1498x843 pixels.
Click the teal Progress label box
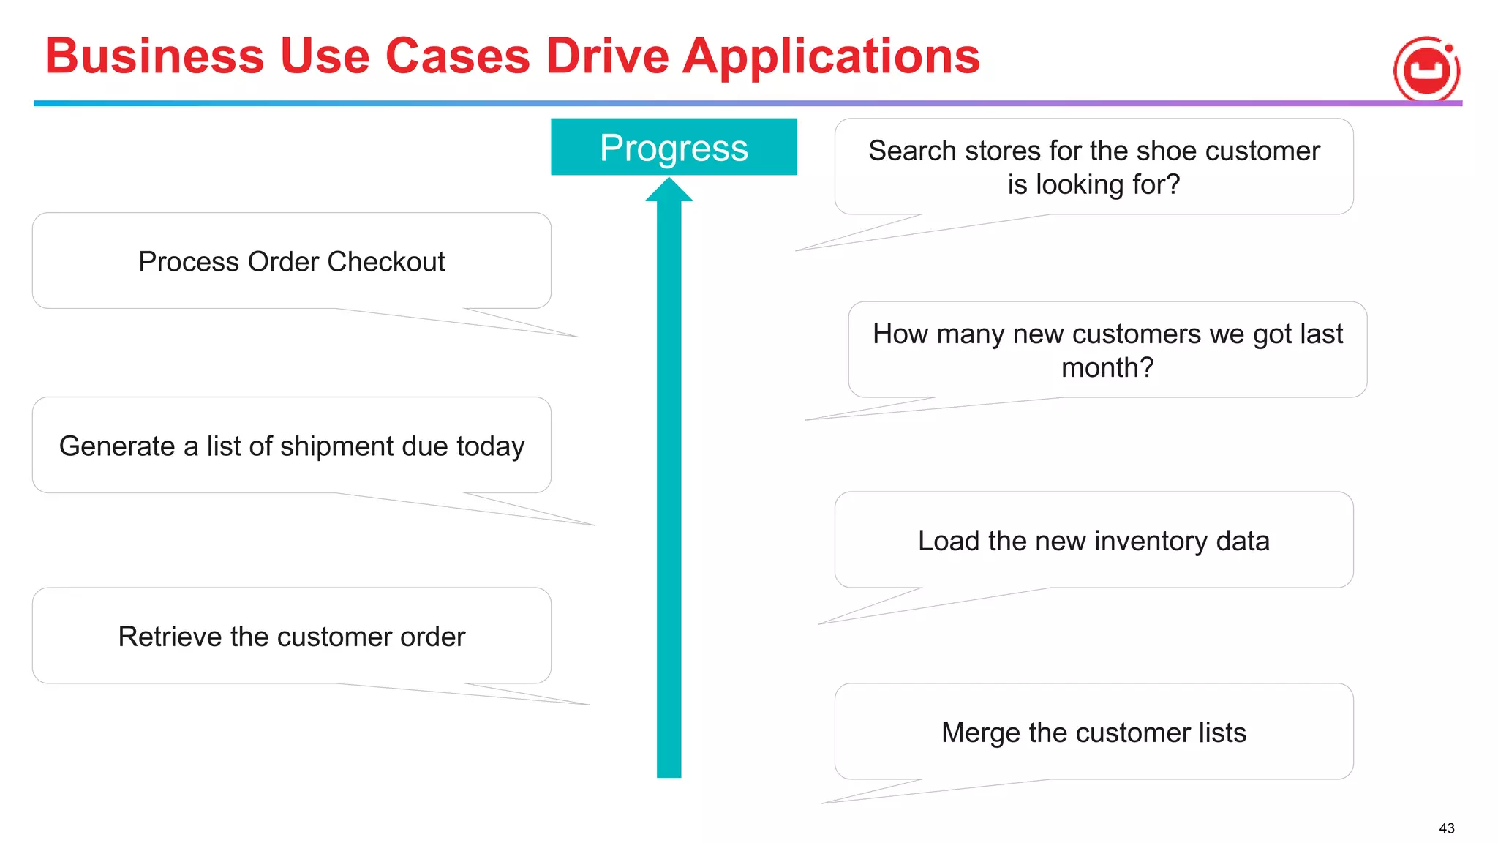[673, 147]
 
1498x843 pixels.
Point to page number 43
[1446, 828]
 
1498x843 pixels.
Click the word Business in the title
[154, 56]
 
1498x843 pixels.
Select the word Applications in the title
[831, 56]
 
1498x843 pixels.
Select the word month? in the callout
[1107, 367]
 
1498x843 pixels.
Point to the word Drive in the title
[608, 56]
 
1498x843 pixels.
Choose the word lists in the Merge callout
[1222, 733]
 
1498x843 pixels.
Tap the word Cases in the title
[457, 56]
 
